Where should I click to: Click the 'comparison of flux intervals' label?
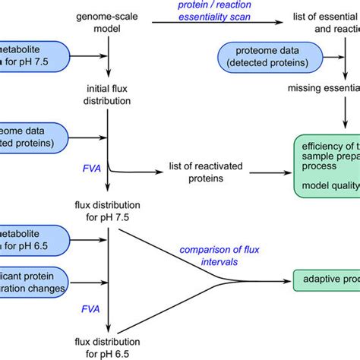(210, 254)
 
